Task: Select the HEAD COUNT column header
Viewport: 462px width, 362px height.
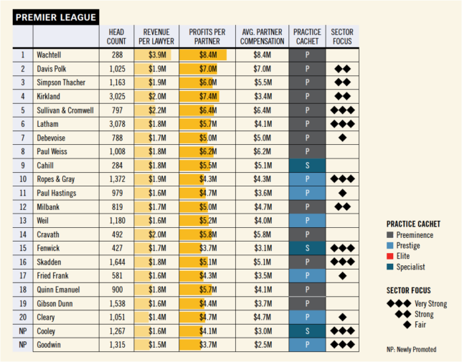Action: click(117, 37)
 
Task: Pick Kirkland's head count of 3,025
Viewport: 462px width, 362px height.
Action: click(117, 96)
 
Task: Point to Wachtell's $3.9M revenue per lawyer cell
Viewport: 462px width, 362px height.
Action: click(158, 54)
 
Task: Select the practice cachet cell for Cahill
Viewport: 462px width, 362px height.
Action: click(307, 165)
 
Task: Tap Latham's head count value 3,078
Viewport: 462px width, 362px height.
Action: click(117, 123)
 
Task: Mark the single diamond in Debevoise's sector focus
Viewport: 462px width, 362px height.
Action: click(342, 138)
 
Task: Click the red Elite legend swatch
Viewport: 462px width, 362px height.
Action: click(390, 256)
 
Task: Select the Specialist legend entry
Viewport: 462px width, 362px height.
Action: click(411, 267)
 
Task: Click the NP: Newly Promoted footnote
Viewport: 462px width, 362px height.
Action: click(411, 349)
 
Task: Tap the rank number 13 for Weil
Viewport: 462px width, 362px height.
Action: click(23, 220)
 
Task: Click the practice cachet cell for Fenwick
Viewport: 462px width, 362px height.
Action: click(307, 247)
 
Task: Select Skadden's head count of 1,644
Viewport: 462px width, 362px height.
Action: click(117, 262)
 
